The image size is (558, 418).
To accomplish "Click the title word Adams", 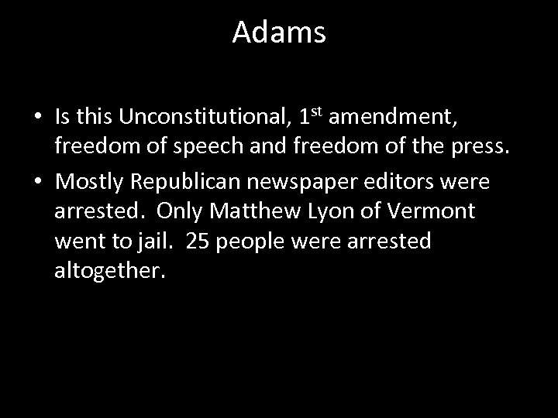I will [x=279, y=33].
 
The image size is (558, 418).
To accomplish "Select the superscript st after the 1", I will [x=315, y=111].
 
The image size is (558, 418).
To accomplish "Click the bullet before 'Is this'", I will [x=37, y=118].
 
